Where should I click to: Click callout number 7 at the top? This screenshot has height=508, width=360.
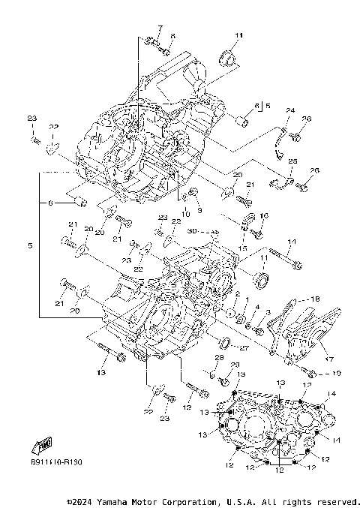point(158,29)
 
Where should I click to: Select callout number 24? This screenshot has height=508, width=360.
point(290,111)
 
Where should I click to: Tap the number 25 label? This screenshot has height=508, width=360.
point(292,161)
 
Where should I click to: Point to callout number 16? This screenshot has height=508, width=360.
point(263,215)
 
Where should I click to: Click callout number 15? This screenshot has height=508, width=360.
point(242,248)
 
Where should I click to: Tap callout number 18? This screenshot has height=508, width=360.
point(315,299)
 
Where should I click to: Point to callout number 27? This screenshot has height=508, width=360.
point(244,347)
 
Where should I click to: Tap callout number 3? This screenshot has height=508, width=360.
point(268,311)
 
